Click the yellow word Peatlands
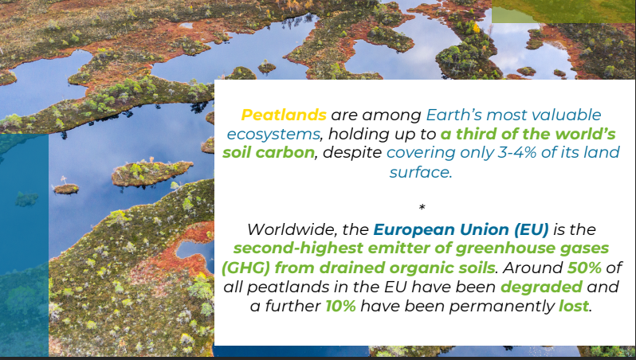tap(284, 115)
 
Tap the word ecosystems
tap(273, 134)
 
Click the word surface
tap(421, 172)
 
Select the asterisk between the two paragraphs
tap(422, 208)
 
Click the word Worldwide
tap(292, 229)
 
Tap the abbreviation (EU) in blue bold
tap(532, 229)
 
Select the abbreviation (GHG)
tap(245, 268)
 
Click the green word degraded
tap(541, 287)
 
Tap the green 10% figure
tap(341, 306)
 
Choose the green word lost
tap(574, 306)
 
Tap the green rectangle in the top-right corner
tap(563, 11)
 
